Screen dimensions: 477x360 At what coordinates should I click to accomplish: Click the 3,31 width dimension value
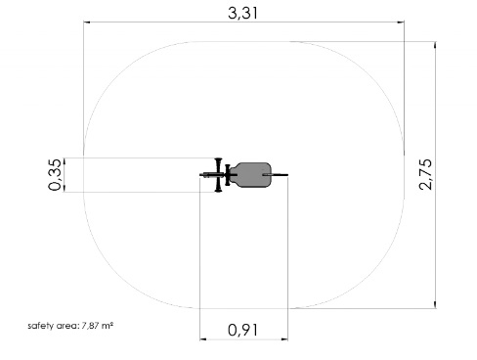(243, 14)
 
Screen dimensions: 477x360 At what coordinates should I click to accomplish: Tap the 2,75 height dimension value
(426, 174)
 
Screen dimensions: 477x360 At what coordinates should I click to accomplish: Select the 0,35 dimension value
(55, 174)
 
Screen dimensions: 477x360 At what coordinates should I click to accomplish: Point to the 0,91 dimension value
(243, 330)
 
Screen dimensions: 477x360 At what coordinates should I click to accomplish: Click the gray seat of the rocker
(251, 175)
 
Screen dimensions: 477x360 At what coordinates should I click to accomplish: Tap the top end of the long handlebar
(218, 158)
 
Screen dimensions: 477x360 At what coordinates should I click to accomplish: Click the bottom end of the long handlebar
(218, 191)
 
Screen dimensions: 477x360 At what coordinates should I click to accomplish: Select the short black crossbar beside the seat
(228, 175)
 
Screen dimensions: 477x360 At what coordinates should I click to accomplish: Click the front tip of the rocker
(200, 175)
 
